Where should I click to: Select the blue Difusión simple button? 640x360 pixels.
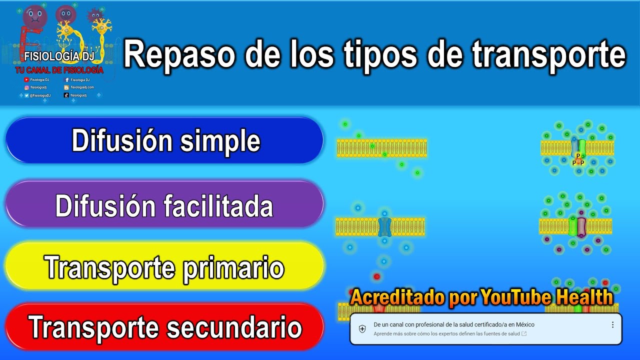[x=165, y=141]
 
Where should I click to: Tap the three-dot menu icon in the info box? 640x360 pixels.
[x=612, y=324]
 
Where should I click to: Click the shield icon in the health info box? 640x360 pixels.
[x=362, y=328]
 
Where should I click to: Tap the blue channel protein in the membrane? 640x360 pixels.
[x=383, y=227]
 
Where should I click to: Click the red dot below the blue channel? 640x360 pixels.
[x=377, y=276]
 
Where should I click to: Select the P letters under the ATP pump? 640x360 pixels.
[x=578, y=159]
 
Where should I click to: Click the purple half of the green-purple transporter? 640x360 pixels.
[x=581, y=227]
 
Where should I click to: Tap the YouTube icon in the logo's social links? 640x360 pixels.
[x=26, y=80]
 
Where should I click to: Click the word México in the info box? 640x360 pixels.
[x=525, y=324]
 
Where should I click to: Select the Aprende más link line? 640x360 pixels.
[x=447, y=333]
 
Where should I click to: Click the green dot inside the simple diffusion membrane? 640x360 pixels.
[x=372, y=146]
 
